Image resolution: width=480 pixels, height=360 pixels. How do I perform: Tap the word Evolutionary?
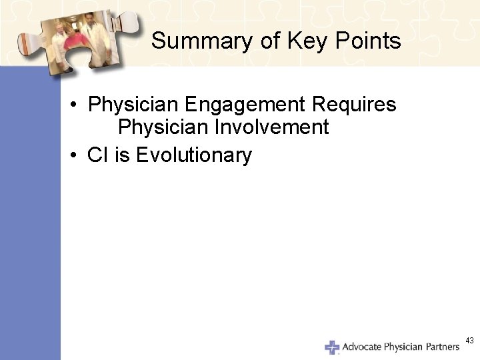pos(194,155)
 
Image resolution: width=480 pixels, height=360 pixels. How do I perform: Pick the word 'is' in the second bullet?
pos(123,155)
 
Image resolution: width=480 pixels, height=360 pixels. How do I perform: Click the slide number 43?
pos(469,341)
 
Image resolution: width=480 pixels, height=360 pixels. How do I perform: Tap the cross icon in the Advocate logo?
pos(331,347)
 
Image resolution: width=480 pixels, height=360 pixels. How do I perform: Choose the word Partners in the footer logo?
pos(441,347)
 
